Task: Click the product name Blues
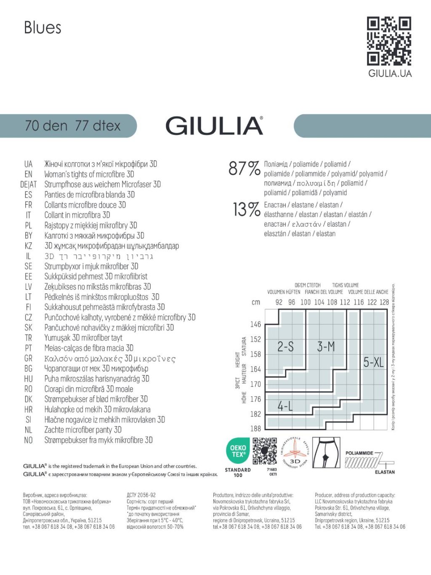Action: (43, 28)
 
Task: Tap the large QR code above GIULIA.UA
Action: (388, 41)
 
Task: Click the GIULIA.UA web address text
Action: (390, 73)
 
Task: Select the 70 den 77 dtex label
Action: (72, 126)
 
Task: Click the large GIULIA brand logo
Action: (214, 126)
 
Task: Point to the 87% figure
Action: (244, 168)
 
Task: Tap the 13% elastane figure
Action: (247, 209)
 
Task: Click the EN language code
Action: (28, 174)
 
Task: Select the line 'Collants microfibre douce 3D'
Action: (85, 205)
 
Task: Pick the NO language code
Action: (28, 440)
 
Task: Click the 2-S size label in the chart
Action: (285, 347)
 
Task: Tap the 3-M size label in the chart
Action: (326, 347)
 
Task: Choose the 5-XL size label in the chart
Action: (373, 362)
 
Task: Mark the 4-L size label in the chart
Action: (285, 407)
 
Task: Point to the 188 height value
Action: (255, 428)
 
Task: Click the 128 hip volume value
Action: (384, 302)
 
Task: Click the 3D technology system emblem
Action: (295, 453)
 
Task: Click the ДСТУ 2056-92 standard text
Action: (141, 495)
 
